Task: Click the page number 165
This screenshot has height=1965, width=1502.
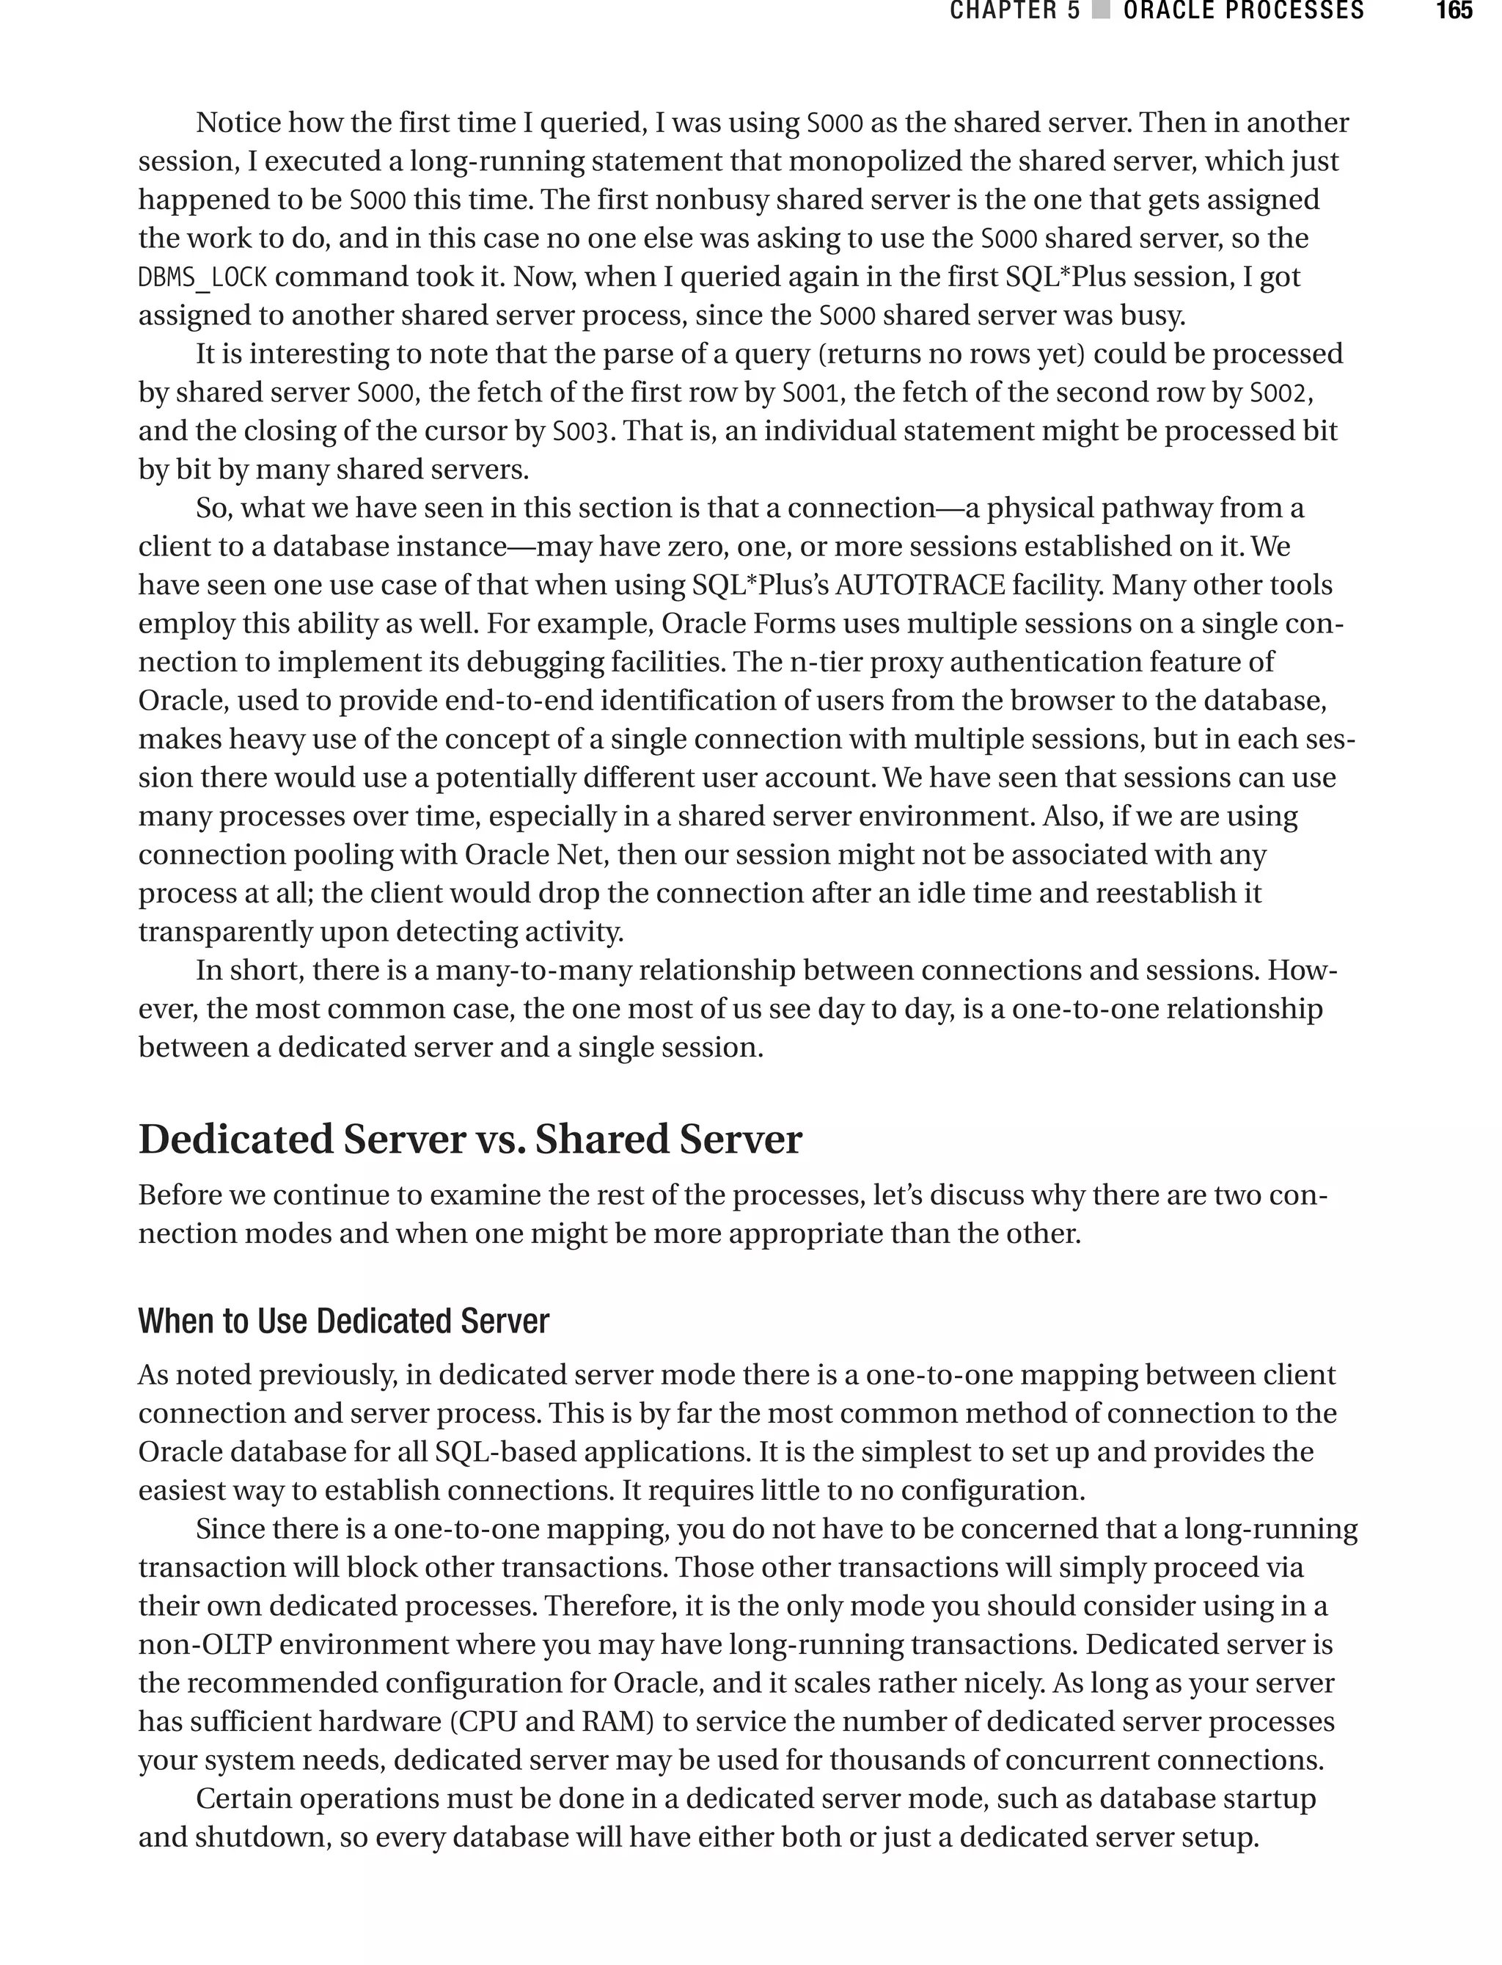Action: tap(1453, 11)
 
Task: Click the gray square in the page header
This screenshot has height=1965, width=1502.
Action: tap(1102, 11)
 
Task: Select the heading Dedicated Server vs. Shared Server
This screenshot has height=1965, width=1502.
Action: tap(469, 1140)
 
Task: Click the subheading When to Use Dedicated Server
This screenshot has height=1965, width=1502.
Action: tap(343, 1321)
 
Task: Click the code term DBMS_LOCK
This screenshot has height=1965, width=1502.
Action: tap(202, 277)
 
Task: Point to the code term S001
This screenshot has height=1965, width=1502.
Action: tap(810, 393)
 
